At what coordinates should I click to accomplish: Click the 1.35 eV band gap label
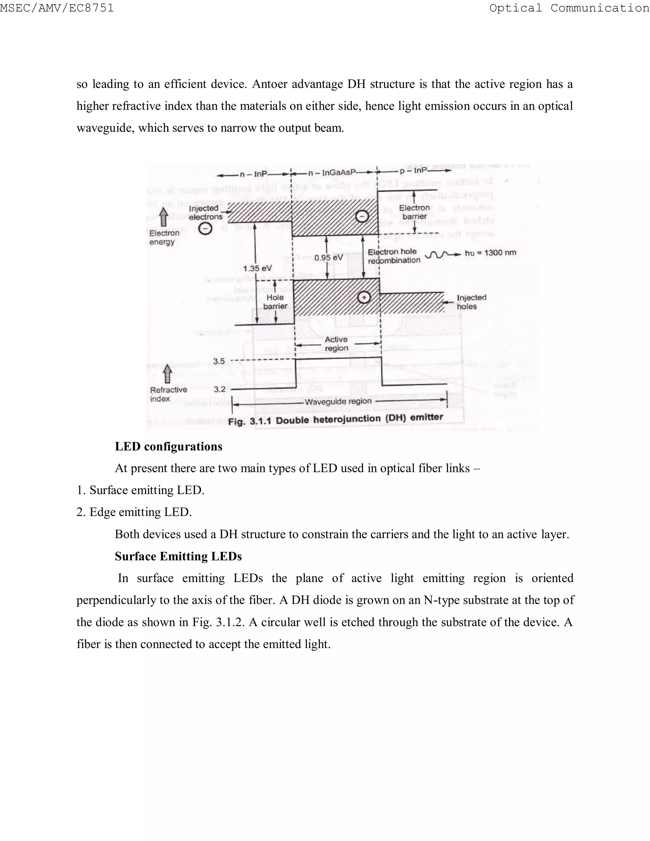pyautogui.click(x=257, y=268)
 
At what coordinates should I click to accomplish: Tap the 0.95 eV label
pyautogui.click(x=328, y=257)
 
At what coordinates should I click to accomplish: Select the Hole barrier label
pyautogui.click(x=275, y=302)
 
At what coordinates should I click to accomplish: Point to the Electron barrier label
pyautogui.click(x=414, y=212)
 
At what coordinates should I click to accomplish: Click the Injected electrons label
pyautogui.click(x=205, y=213)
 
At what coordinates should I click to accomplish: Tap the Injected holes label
pyautogui.click(x=471, y=302)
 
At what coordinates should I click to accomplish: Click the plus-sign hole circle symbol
pyautogui.click(x=364, y=297)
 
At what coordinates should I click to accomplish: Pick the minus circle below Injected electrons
pyautogui.click(x=205, y=229)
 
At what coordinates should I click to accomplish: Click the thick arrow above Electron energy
pyautogui.click(x=164, y=216)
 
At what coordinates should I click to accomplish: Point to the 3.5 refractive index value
pyautogui.click(x=219, y=361)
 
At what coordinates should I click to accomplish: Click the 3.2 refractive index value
pyautogui.click(x=220, y=389)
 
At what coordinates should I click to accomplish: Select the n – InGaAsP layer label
pyautogui.click(x=332, y=173)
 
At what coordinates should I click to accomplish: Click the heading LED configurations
pyautogui.click(x=169, y=447)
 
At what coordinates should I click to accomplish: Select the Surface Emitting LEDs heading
pyautogui.click(x=178, y=556)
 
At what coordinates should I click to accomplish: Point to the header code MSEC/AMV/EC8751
pyautogui.click(x=57, y=8)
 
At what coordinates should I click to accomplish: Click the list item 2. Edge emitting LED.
pyautogui.click(x=134, y=512)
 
